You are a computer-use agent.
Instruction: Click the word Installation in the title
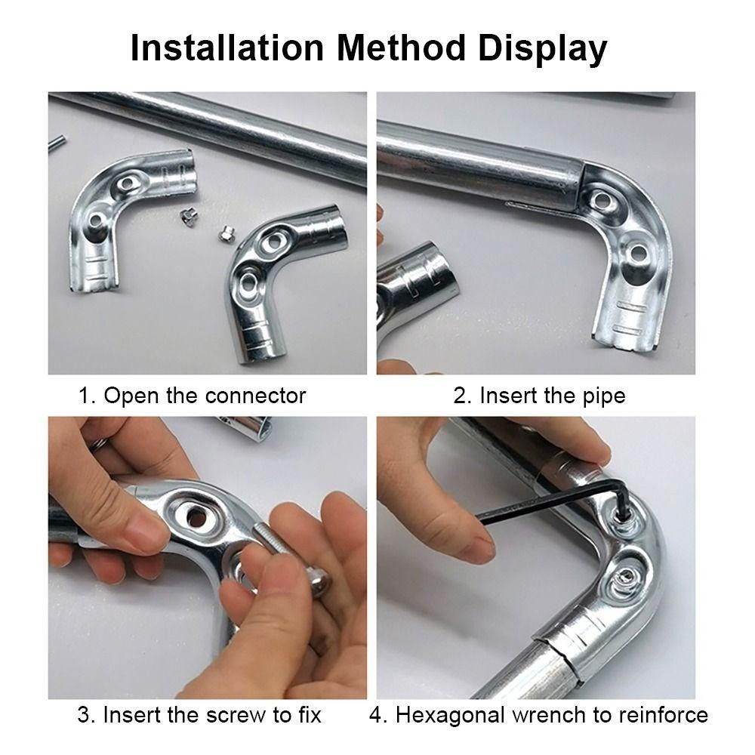pos(226,48)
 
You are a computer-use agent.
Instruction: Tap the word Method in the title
pos(401,48)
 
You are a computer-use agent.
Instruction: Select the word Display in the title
pos(542,50)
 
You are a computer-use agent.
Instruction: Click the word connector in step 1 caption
pos(255,396)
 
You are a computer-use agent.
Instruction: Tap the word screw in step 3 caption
pos(236,714)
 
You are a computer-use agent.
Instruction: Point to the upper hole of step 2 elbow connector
pos(601,199)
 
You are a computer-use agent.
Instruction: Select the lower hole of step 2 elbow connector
pos(637,253)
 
